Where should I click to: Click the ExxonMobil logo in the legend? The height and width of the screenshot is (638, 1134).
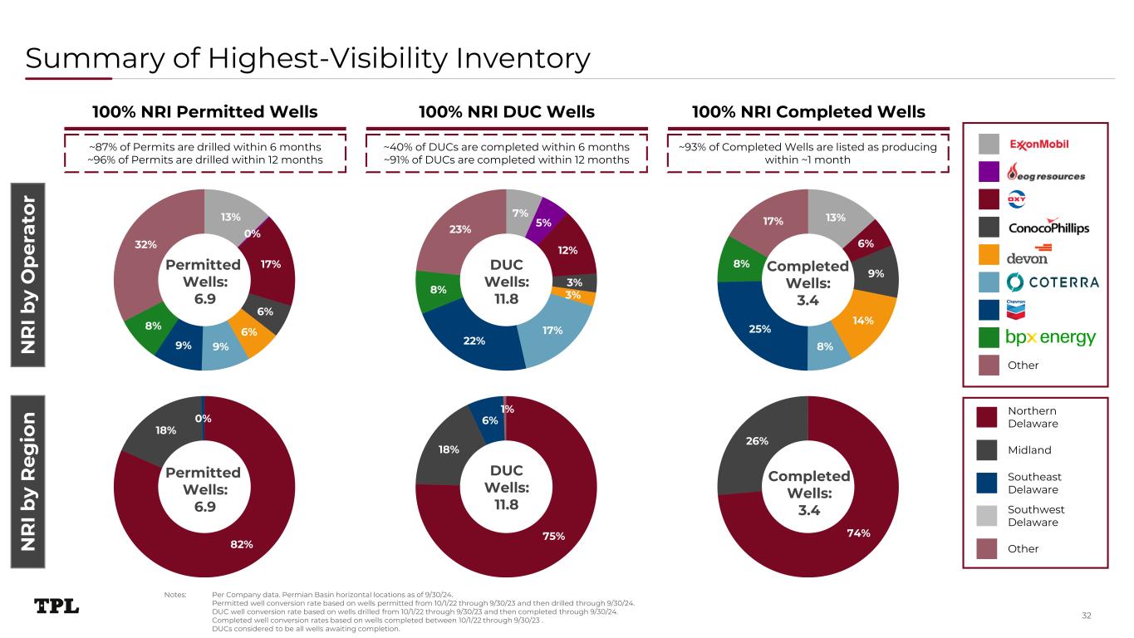click(1038, 145)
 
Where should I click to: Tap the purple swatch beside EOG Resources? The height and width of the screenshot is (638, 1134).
click(989, 172)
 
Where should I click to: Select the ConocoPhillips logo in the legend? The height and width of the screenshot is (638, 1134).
click(1048, 227)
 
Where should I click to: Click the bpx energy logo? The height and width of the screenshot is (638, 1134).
click(1050, 337)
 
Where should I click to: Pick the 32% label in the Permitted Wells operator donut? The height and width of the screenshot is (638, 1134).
click(145, 244)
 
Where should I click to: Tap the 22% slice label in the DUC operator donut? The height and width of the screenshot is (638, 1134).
click(474, 341)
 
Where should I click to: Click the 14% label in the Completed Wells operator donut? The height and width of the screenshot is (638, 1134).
click(862, 321)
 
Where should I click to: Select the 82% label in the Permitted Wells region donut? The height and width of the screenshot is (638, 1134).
click(242, 544)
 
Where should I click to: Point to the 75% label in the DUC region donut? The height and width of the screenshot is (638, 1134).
click(553, 536)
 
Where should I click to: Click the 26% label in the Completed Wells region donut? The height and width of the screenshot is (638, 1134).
click(757, 441)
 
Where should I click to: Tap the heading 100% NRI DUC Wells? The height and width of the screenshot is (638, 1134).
click(507, 112)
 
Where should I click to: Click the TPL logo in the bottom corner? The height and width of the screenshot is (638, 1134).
click(56, 606)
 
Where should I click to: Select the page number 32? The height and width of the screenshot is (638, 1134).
click(1087, 616)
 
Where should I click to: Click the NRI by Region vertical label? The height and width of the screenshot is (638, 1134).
click(28, 482)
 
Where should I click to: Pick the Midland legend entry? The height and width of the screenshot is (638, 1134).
click(1029, 450)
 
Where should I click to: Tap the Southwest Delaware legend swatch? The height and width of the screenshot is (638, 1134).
click(987, 515)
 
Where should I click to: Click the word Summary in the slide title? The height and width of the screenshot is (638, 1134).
click(96, 60)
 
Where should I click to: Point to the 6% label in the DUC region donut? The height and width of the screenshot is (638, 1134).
click(489, 420)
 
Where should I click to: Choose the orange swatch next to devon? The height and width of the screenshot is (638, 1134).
click(989, 255)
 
